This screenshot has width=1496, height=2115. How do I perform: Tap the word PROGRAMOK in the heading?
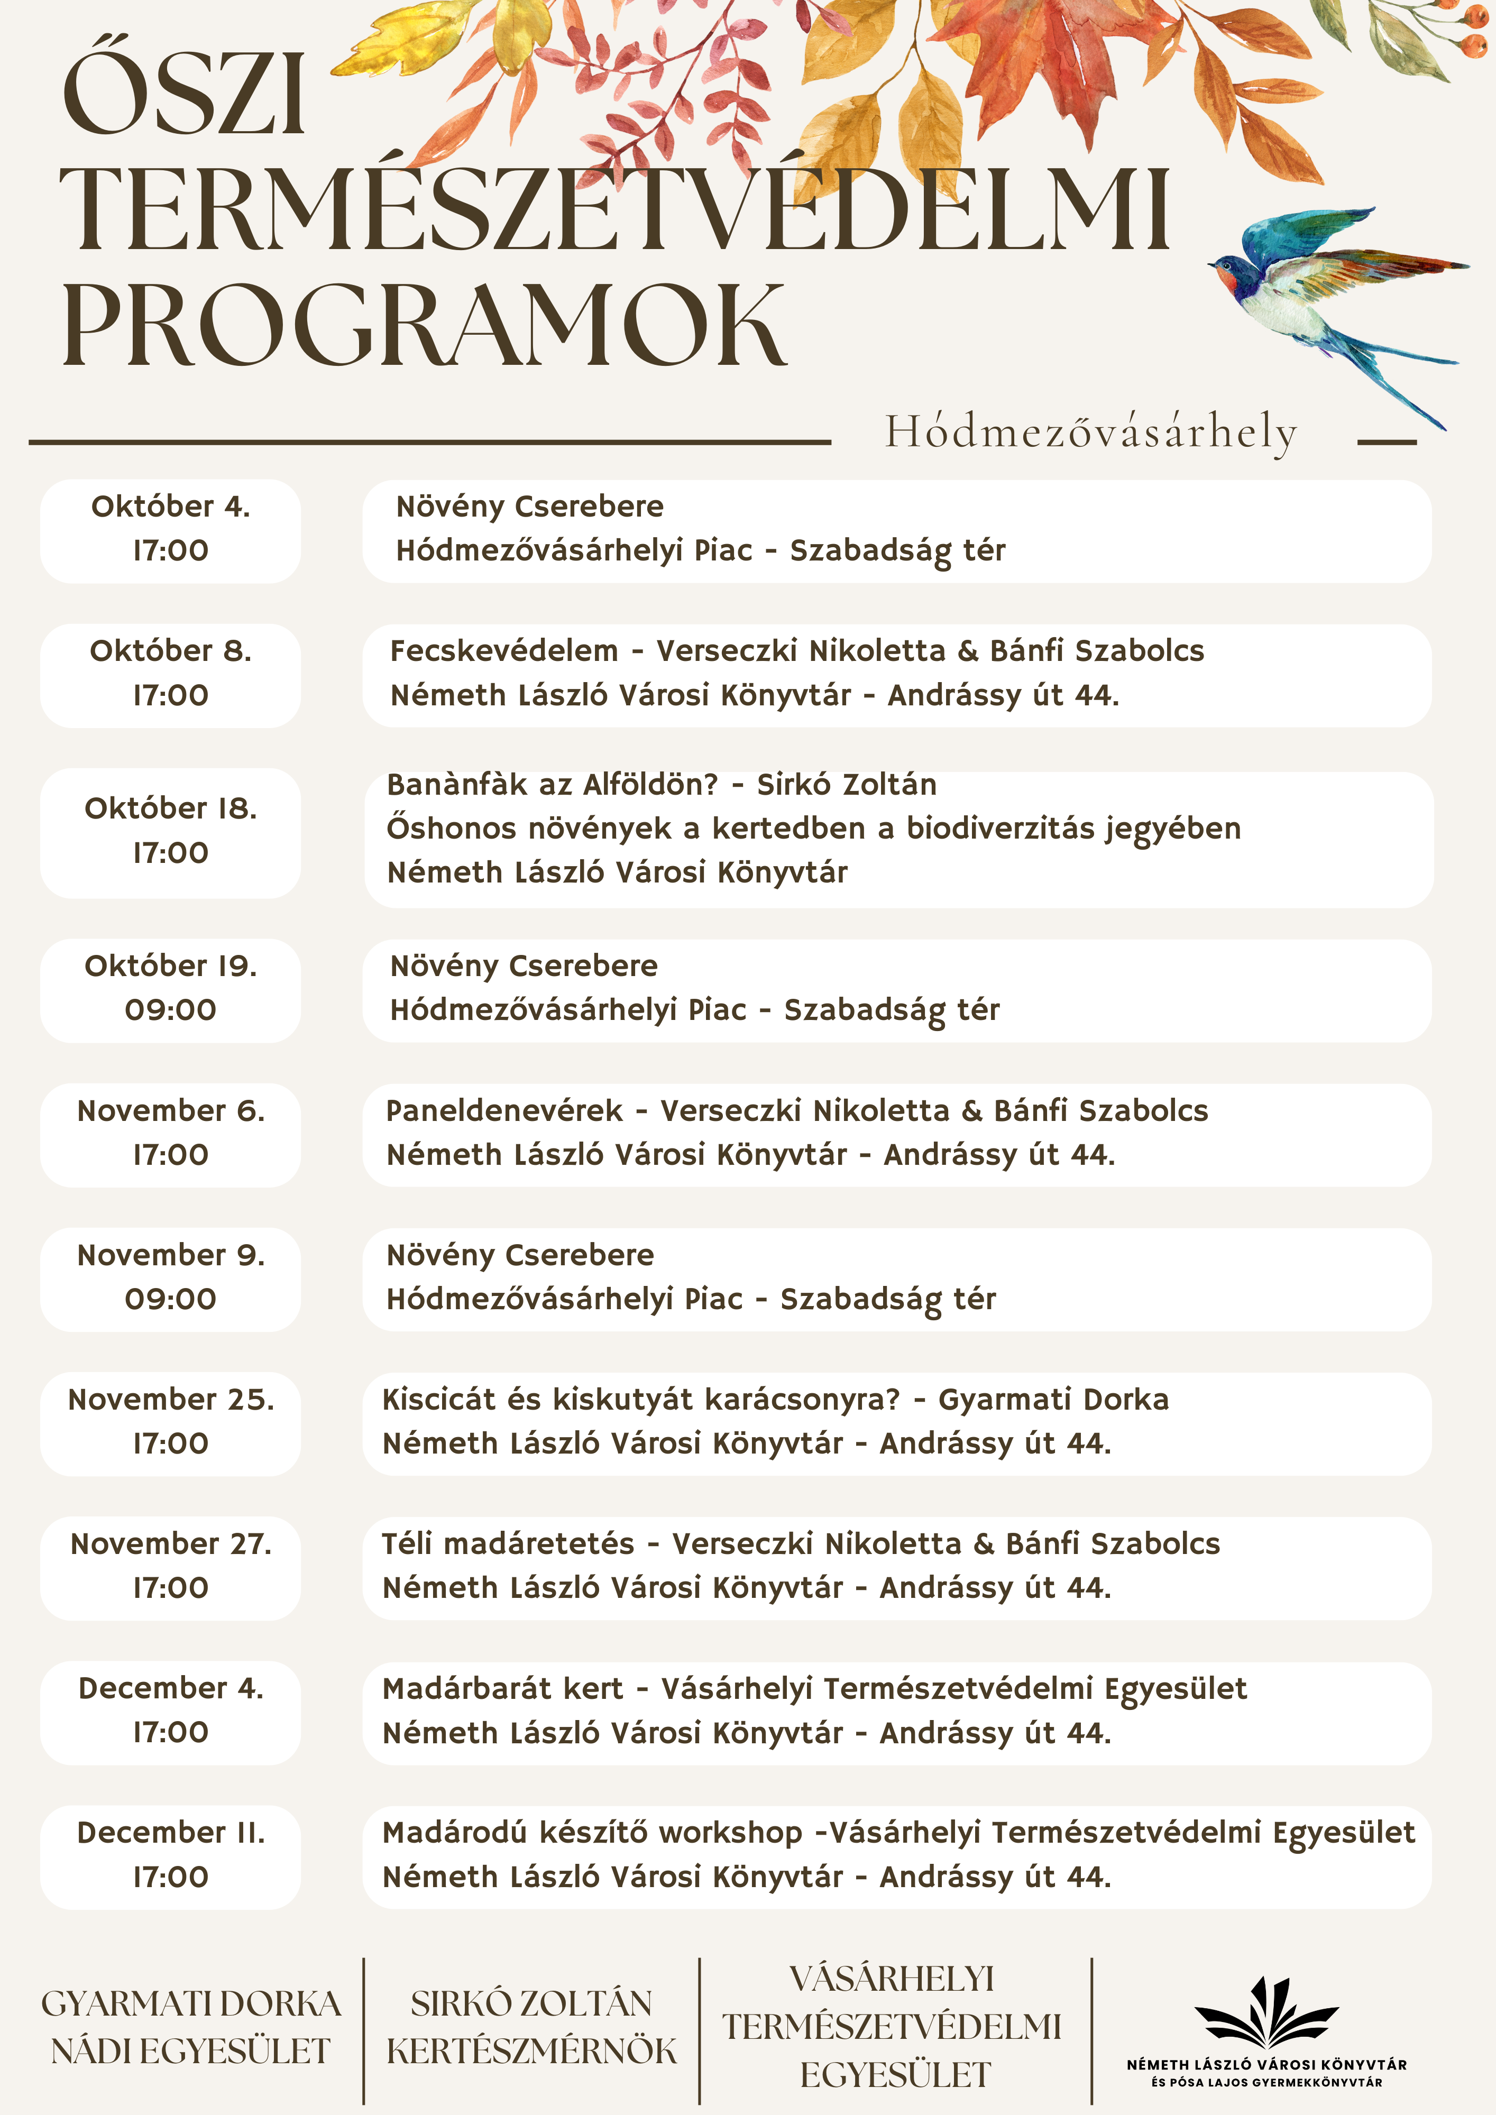424,327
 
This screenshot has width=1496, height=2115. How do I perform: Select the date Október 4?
170,507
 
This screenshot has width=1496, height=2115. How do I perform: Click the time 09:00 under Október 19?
170,1009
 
